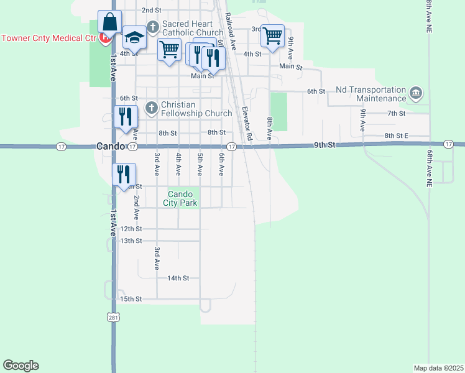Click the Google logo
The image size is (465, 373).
[x=21, y=366]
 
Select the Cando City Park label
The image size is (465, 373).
[x=180, y=198]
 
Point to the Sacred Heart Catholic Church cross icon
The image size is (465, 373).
[x=152, y=28]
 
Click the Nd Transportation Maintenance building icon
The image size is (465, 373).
[x=416, y=94]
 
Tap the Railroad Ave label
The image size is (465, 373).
[x=230, y=31]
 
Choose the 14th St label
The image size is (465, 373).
[x=177, y=279]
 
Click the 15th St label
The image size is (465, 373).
[x=131, y=299]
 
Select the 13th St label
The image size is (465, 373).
[x=131, y=241]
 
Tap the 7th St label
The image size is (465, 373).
[x=396, y=113]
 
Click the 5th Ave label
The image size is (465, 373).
[x=200, y=162]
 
